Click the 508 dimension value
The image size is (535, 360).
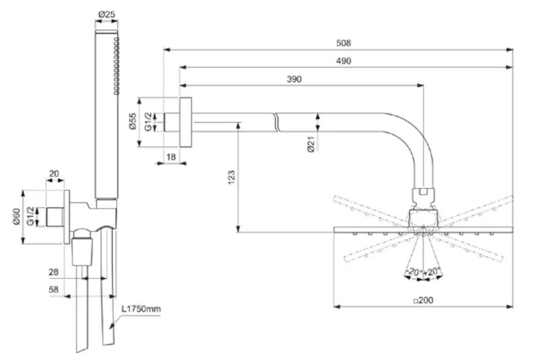pos(343,43)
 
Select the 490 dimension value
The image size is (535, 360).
pos(343,61)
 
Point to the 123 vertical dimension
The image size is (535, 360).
pos(232,176)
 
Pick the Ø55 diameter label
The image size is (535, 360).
pos(132,121)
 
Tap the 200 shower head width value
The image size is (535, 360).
pos(423,300)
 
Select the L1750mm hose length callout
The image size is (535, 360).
pos(140,308)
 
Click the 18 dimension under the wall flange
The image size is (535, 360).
pos(170,157)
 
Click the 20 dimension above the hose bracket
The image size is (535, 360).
pos(54,173)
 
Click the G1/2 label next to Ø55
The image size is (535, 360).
pos(148,122)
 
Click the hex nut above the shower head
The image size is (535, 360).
pos(422,192)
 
